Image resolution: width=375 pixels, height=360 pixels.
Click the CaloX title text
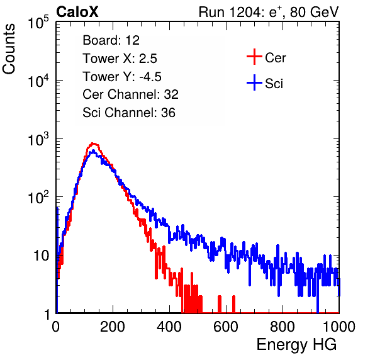click(77, 12)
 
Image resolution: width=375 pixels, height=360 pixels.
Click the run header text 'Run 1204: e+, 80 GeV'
click(269, 12)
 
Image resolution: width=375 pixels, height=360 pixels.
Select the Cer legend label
click(275, 58)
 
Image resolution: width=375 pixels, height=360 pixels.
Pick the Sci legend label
click(274, 84)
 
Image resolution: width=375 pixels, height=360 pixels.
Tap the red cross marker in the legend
click(254, 57)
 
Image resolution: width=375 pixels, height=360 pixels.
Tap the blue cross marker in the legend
click(254, 82)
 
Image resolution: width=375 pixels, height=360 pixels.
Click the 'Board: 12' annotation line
click(111, 40)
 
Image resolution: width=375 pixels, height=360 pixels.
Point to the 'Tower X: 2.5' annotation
click(120, 59)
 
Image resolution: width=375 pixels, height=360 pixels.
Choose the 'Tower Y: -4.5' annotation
click(122, 77)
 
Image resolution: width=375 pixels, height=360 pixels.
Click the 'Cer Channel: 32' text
click(131, 94)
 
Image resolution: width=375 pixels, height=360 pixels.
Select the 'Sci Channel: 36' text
click(129, 113)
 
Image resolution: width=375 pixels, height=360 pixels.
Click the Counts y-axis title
click(9, 49)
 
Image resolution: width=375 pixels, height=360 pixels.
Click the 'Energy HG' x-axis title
click(296, 345)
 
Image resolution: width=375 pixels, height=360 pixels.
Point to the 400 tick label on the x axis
click(169, 327)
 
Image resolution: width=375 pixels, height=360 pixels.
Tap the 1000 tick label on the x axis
click(339, 327)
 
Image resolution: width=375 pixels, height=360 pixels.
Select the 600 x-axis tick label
click(226, 327)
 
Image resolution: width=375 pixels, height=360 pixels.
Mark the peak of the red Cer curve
click(93, 143)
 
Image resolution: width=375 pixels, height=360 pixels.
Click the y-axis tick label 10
click(42, 256)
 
